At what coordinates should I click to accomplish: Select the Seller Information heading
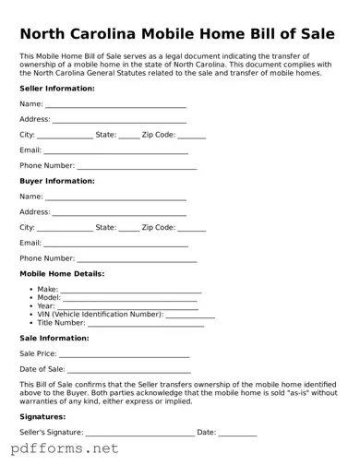(x=57, y=89)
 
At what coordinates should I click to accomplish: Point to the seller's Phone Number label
(x=47, y=165)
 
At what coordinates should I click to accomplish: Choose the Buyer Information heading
(x=57, y=181)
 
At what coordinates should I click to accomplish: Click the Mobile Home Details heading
(x=62, y=274)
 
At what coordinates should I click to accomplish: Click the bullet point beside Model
(x=32, y=298)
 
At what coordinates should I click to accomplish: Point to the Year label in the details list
(x=46, y=306)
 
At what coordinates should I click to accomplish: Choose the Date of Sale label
(x=42, y=369)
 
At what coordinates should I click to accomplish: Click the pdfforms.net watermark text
(x=65, y=450)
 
